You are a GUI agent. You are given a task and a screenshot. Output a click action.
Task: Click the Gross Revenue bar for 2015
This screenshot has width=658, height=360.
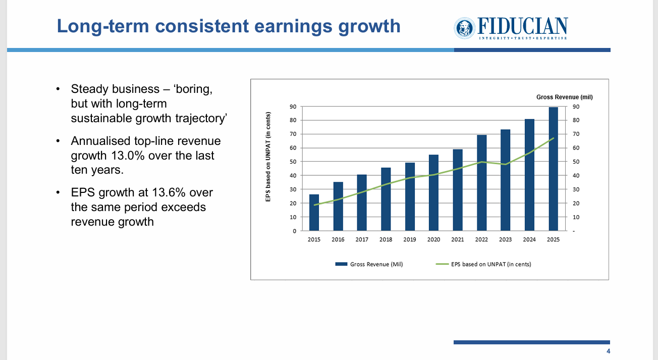pyautogui.click(x=314, y=213)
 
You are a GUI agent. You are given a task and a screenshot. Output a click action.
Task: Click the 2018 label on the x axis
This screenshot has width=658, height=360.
pyautogui.click(x=386, y=239)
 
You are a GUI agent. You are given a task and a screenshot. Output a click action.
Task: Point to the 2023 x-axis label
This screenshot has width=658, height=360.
pyautogui.click(x=506, y=239)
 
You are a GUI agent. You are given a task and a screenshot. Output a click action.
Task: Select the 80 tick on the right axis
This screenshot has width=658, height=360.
pyautogui.click(x=576, y=120)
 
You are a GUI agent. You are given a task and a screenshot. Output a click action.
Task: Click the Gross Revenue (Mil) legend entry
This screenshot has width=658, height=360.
pyautogui.click(x=371, y=264)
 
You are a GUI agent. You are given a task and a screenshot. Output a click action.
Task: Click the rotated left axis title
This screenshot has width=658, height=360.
pyautogui.click(x=268, y=157)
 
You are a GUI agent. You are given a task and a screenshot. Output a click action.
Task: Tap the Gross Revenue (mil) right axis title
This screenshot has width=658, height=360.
pyautogui.click(x=564, y=97)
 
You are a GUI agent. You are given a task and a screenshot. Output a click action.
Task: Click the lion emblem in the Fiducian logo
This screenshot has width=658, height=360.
pyautogui.click(x=463, y=28)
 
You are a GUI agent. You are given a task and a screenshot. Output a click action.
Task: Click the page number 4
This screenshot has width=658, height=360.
pyautogui.click(x=608, y=351)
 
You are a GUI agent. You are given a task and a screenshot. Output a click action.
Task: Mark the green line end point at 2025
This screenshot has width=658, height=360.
pyautogui.click(x=554, y=138)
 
